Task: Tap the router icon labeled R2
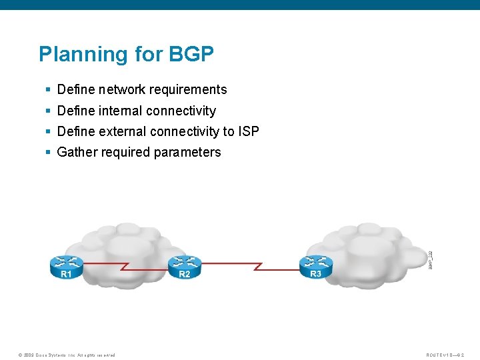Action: coord(185,266)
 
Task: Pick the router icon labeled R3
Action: coord(315,266)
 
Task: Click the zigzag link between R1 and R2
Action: coord(125,266)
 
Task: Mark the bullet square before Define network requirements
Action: coord(48,90)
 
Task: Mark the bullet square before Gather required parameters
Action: coord(48,153)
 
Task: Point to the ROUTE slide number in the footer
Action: coord(448,355)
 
